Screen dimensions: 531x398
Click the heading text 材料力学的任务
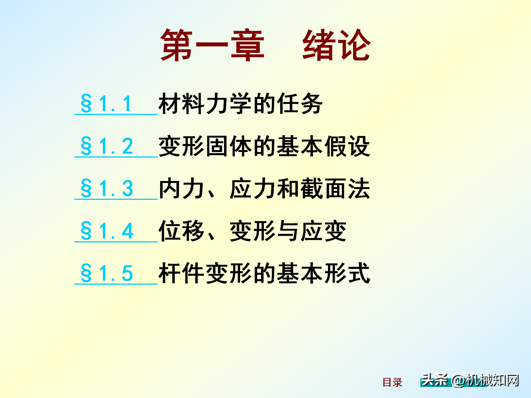pyautogui.click(x=241, y=103)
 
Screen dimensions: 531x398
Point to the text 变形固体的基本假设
pyautogui.click(x=264, y=146)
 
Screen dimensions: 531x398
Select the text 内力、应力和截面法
pyautogui.click(x=264, y=188)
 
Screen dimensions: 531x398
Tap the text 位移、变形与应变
pyautogui.click(x=253, y=231)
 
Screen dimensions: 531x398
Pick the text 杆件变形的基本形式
pyautogui.click(x=264, y=273)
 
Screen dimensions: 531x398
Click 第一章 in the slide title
pyautogui.click(x=212, y=45)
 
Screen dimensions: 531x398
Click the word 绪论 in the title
pyautogui.click(x=337, y=45)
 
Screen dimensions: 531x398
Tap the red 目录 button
pyautogui.click(x=392, y=383)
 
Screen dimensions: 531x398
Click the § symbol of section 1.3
pyautogui.click(x=86, y=188)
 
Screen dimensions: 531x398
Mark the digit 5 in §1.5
pyautogui.click(x=127, y=273)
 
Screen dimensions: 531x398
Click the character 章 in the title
pyautogui.click(x=248, y=45)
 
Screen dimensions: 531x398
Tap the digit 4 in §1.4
pyautogui.click(x=128, y=231)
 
